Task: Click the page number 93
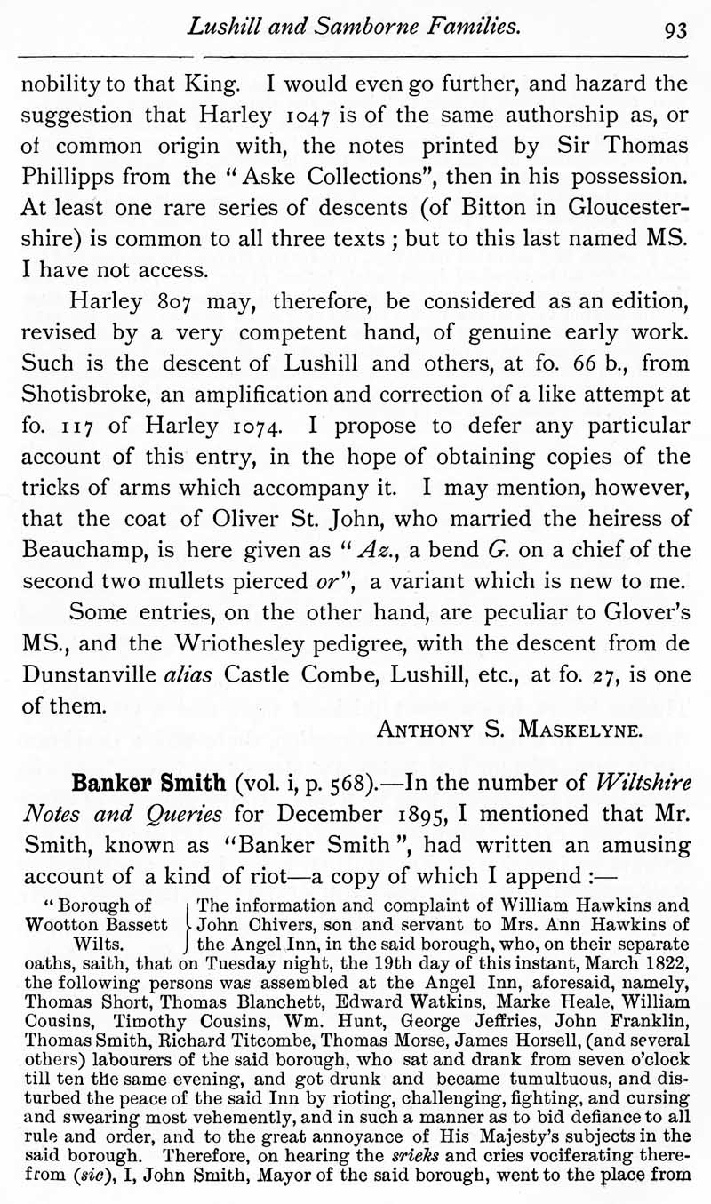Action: coord(675,30)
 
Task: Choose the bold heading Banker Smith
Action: coord(148,785)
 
